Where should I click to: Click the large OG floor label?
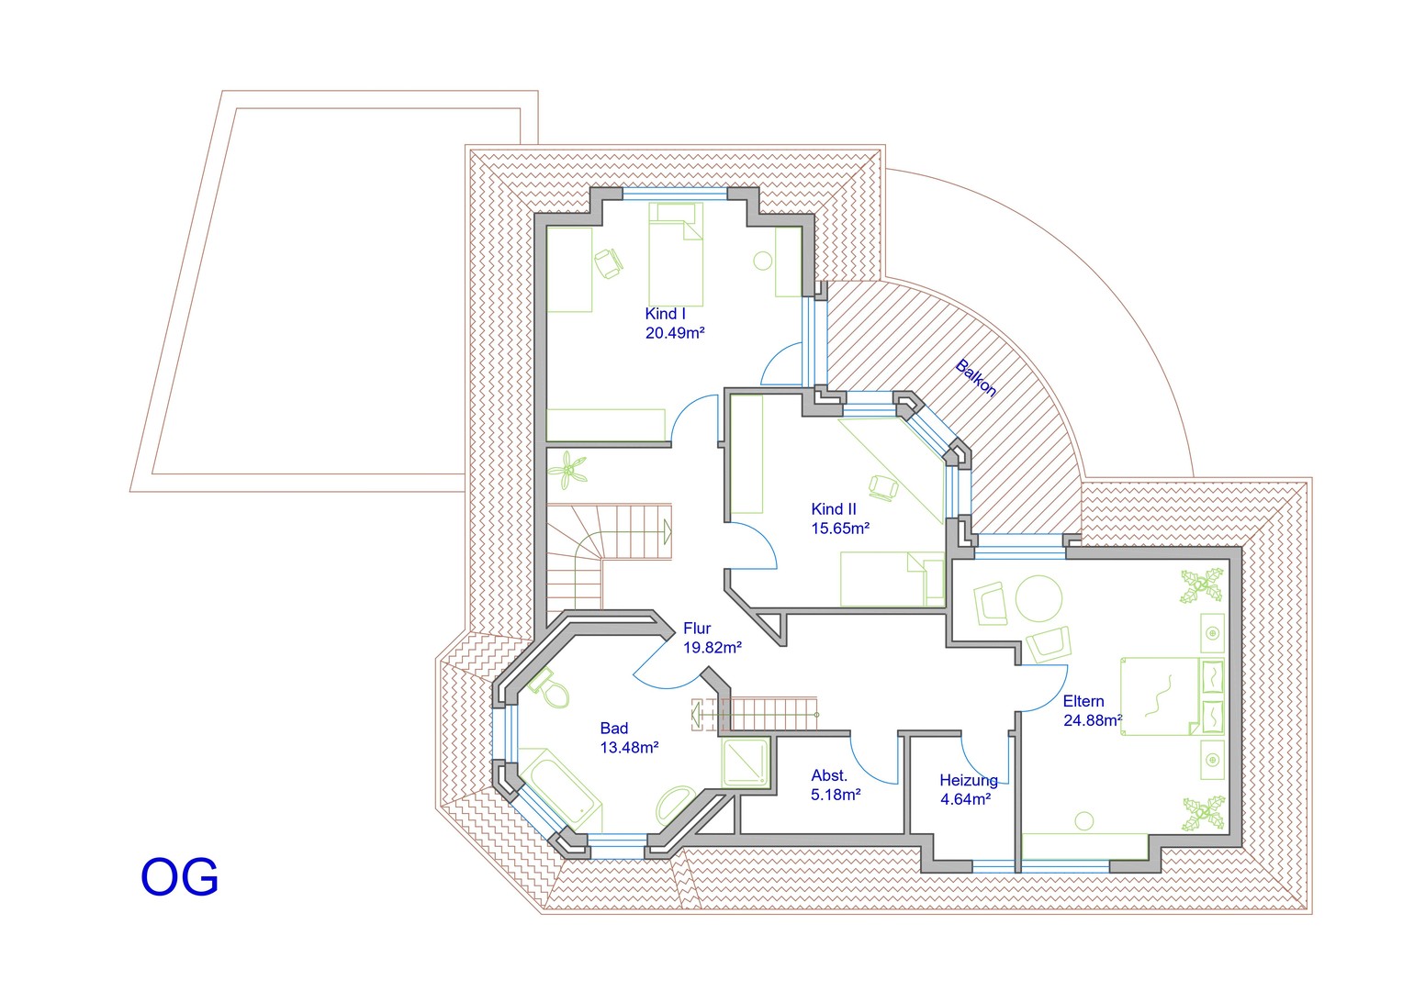click(179, 877)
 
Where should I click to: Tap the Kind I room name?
click(665, 314)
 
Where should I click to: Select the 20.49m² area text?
click(675, 333)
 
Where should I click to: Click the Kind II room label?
click(834, 509)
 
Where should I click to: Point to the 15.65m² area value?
click(840, 529)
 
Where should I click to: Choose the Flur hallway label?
click(697, 629)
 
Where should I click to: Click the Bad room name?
click(614, 729)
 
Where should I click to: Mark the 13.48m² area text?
click(629, 748)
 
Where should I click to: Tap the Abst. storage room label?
click(829, 775)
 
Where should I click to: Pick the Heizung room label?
click(969, 781)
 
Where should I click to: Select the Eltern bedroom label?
click(1083, 701)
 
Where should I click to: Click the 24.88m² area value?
click(1093, 721)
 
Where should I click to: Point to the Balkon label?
click(975, 377)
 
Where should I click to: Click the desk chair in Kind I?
click(608, 263)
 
